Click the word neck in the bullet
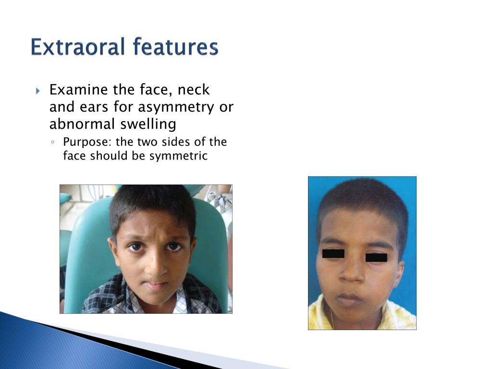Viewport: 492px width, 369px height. (x=194, y=90)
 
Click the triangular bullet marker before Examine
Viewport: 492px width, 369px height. (x=38, y=90)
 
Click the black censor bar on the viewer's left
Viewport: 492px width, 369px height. (x=333, y=253)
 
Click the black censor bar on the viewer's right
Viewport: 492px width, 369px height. (x=376, y=258)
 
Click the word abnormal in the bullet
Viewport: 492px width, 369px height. (x=76, y=124)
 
